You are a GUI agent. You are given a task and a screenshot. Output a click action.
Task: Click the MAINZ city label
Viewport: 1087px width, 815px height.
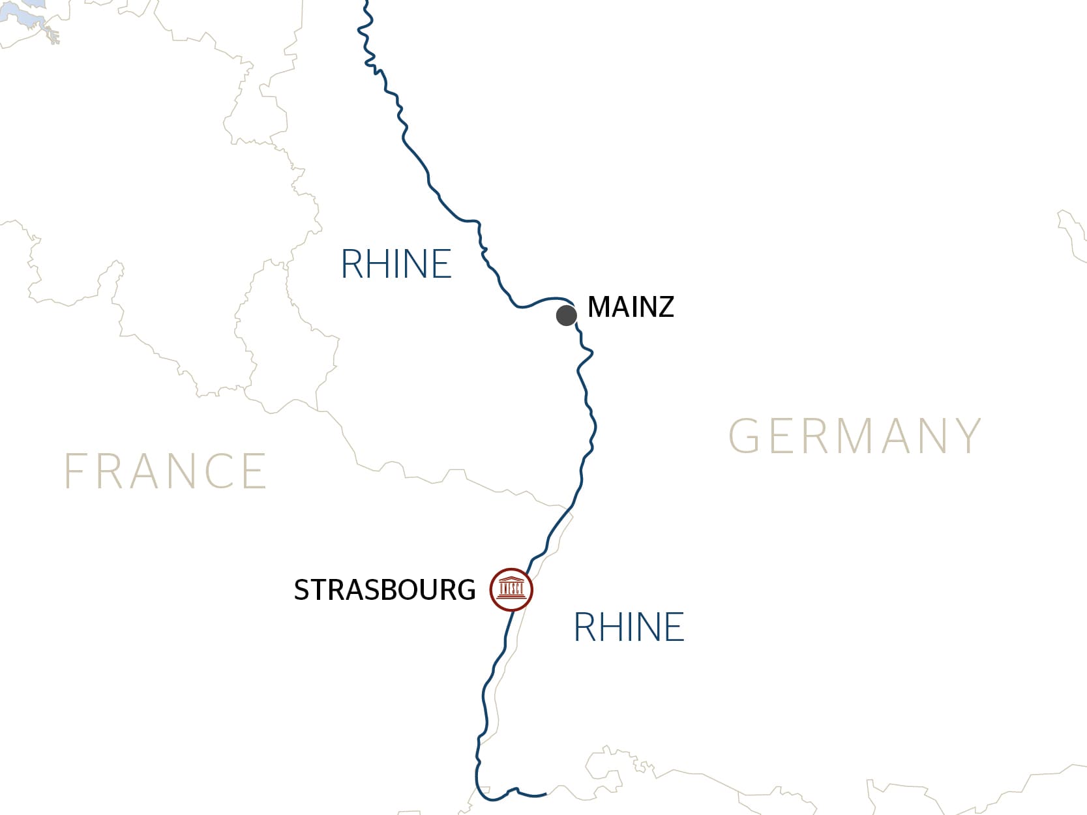631,307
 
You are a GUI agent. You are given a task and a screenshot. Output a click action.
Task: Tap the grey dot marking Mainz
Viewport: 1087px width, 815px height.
566,316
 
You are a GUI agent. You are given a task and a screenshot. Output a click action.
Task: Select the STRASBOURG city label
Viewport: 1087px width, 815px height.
385,590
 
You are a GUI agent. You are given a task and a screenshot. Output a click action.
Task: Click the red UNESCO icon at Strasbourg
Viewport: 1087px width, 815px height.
511,589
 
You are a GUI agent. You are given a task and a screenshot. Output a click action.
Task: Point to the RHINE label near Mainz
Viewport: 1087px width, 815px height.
396,264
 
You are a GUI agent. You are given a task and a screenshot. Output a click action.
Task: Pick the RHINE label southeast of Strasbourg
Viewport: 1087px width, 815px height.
629,627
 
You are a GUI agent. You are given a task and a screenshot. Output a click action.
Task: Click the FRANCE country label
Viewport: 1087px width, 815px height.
166,471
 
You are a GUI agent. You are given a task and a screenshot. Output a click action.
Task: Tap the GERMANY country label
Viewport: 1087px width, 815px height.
855,436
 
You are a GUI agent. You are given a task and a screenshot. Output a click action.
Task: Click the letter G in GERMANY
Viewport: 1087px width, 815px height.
744,436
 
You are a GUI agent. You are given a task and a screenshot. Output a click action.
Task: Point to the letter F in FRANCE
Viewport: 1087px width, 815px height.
75,471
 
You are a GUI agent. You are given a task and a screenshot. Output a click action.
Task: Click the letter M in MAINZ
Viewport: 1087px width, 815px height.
599,307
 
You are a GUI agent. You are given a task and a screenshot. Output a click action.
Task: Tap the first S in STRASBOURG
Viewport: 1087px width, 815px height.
301,590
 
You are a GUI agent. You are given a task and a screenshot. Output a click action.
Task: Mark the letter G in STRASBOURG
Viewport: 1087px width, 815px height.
466,590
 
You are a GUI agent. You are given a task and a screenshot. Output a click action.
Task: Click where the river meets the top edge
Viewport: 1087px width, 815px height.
366,2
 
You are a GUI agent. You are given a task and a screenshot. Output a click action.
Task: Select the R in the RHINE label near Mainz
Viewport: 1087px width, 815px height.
353,264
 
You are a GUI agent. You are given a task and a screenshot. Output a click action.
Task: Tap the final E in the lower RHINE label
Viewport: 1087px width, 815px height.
674,627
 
